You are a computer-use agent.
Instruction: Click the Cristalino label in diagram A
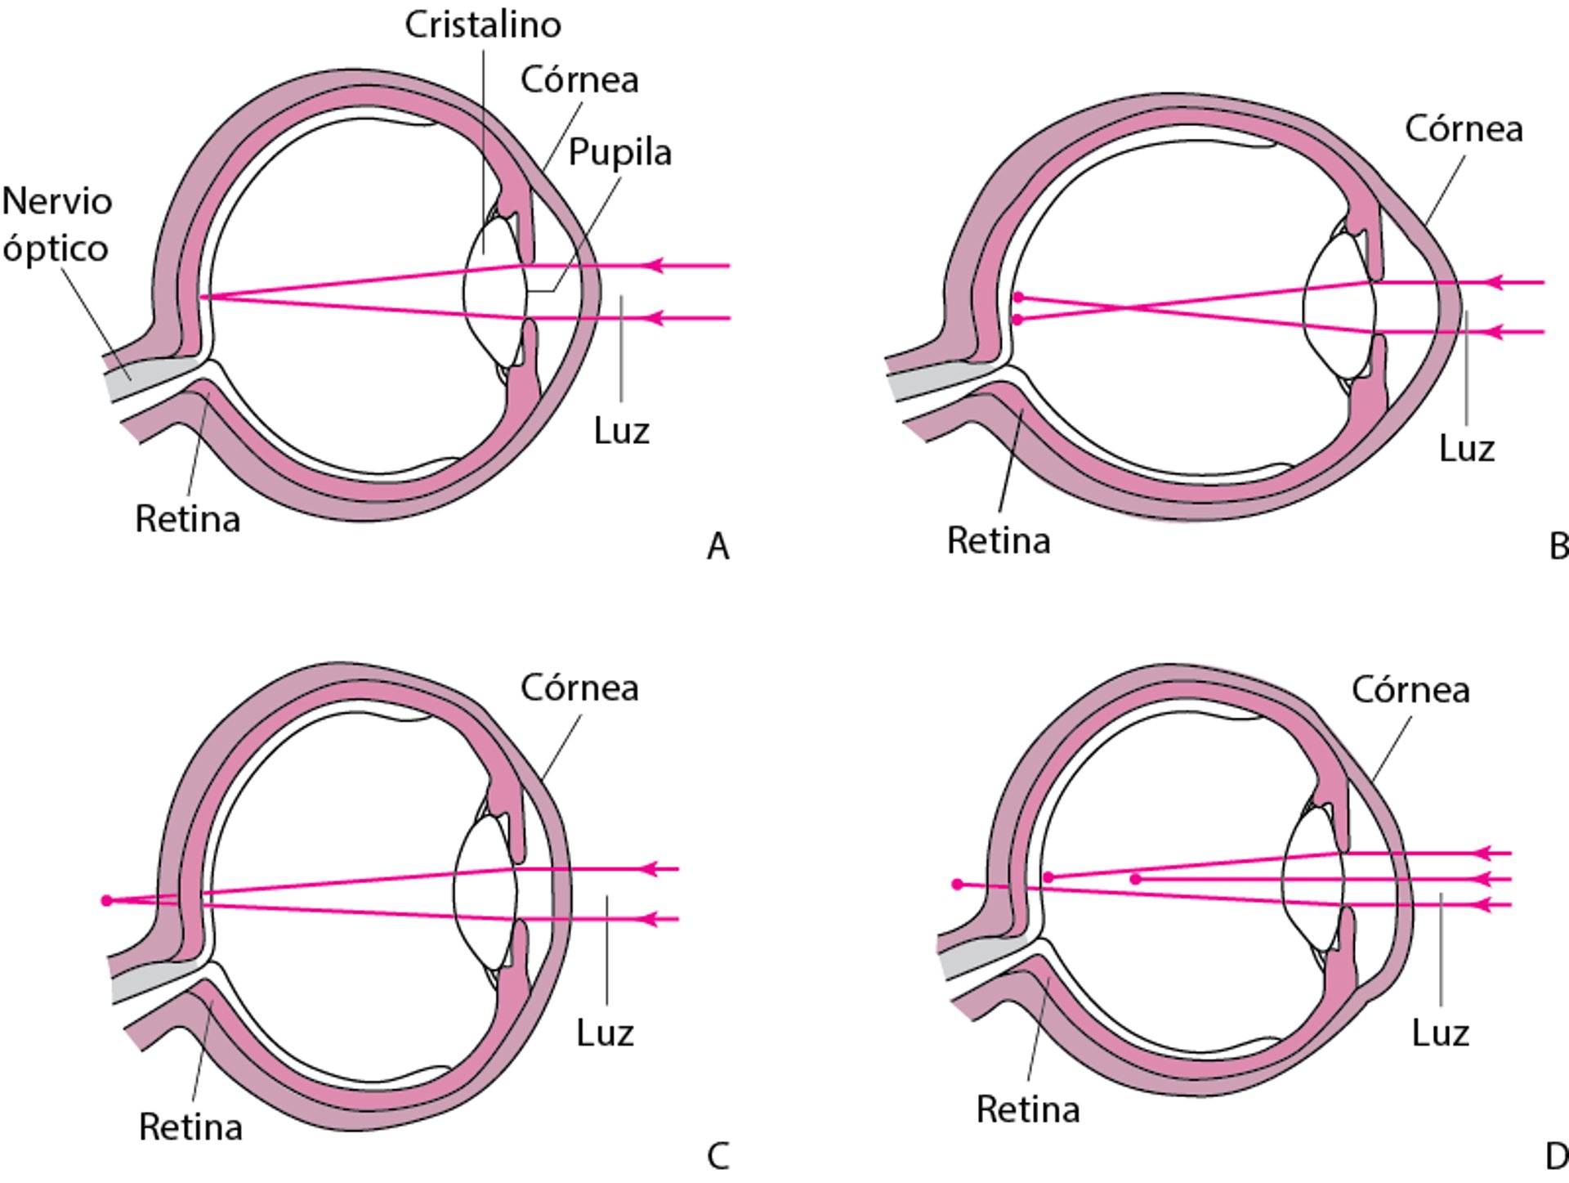pyautogui.click(x=483, y=25)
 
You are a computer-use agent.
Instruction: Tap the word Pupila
pyautogui.click(x=619, y=152)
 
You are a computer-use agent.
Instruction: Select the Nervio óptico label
pyautogui.click(x=56, y=225)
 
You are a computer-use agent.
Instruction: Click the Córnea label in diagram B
pyautogui.click(x=1464, y=129)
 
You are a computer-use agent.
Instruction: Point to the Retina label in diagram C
pyautogui.click(x=190, y=1127)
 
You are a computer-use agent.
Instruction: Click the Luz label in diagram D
pyautogui.click(x=1440, y=1033)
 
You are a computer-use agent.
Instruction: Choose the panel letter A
pyautogui.click(x=717, y=546)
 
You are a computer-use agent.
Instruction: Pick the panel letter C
pyautogui.click(x=717, y=1156)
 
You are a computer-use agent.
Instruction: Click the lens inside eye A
pyautogui.click(x=494, y=290)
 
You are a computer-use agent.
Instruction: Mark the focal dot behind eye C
pyautogui.click(x=106, y=900)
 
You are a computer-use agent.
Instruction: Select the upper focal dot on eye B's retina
pyautogui.click(x=1018, y=298)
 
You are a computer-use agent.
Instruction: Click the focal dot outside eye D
pyautogui.click(x=958, y=884)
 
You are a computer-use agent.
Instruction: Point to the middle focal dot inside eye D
pyautogui.click(x=1135, y=879)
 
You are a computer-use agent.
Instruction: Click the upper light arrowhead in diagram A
pyautogui.click(x=654, y=266)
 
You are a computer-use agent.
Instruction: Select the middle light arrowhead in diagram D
pyautogui.click(x=1481, y=879)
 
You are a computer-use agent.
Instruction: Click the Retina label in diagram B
pyautogui.click(x=998, y=540)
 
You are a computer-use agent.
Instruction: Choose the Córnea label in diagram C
pyautogui.click(x=579, y=688)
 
